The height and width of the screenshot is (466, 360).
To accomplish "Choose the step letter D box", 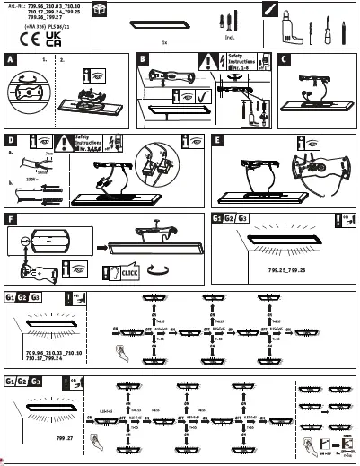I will (10, 141).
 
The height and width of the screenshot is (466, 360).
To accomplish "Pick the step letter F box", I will (10, 218).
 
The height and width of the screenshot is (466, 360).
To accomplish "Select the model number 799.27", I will (64, 437).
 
